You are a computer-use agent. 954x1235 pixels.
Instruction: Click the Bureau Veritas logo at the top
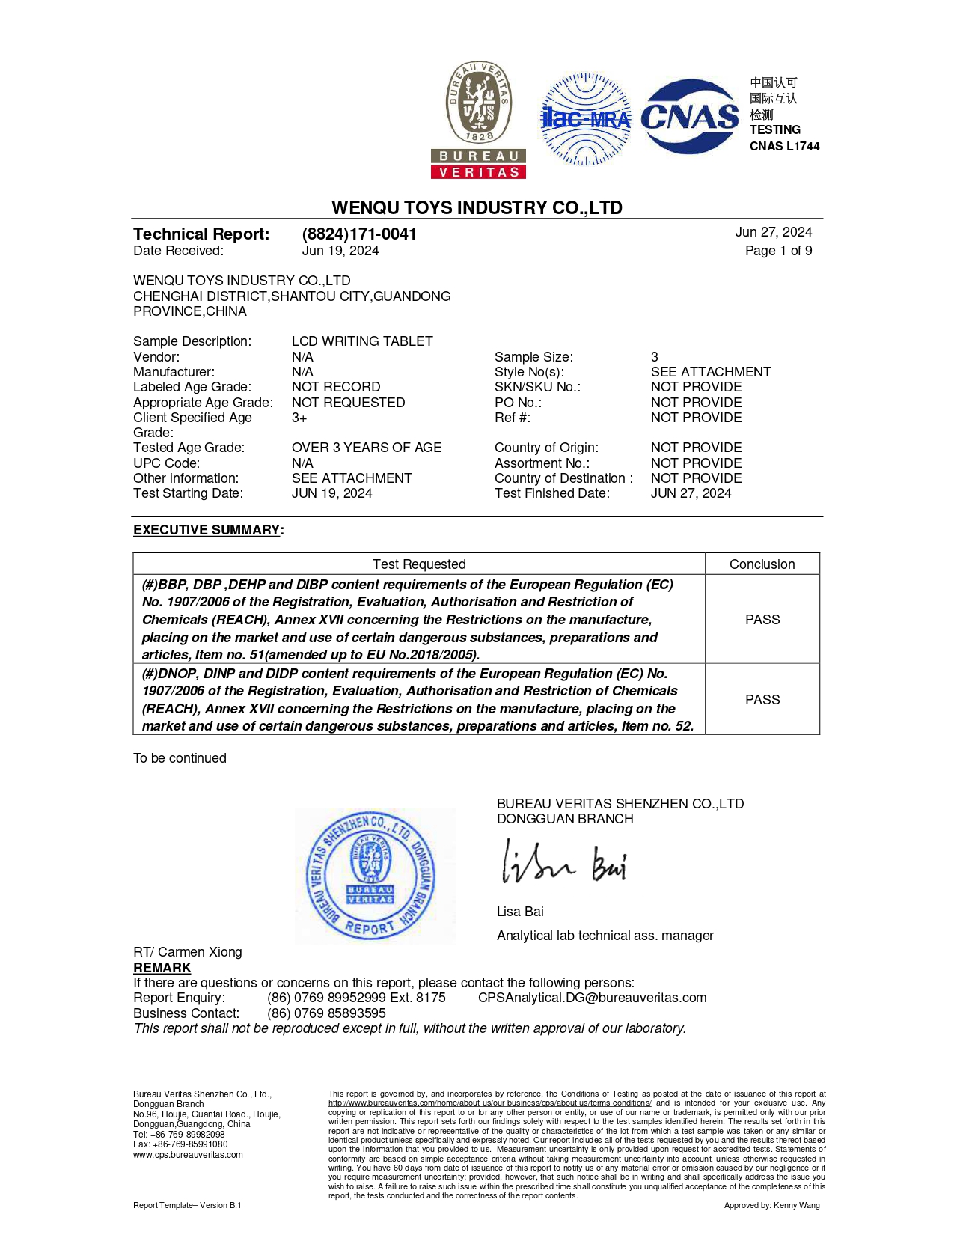coord(479,120)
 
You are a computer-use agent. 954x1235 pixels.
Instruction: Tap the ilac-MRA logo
coord(586,118)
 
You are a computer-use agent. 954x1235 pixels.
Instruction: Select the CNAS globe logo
coord(690,117)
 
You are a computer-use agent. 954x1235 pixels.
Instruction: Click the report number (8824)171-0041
coord(359,234)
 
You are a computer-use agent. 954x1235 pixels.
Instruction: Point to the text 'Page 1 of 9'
coord(778,251)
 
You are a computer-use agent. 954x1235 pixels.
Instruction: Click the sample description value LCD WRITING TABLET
coord(362,341)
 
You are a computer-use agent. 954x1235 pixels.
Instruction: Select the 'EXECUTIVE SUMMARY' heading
coord(207,530)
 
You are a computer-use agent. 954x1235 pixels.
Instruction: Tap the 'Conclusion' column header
coord(762,564)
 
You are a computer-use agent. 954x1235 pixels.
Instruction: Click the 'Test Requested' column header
coord(419,564)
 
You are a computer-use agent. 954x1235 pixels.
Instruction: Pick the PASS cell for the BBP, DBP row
coord(762,620)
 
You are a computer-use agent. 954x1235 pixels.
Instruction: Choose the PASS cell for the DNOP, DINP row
coord(762,700)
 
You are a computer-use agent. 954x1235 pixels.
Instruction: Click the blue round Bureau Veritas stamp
coord(371,876)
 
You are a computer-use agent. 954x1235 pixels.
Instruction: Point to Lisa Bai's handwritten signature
coord(563,863)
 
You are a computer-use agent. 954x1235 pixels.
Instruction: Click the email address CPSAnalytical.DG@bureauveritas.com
coord(592,998)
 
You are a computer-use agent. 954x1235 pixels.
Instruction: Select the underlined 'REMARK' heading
coord(162,968)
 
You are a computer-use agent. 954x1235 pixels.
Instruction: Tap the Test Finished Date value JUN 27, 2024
coord(691,493)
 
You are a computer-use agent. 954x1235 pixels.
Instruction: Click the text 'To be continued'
coord(180,758)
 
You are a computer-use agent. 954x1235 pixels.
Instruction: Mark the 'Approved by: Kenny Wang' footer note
coord(771,1205)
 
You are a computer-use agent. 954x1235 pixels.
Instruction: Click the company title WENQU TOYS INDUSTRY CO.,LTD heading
coord(477,207)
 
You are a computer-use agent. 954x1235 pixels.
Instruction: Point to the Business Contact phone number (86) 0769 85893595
coord(326,1013)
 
